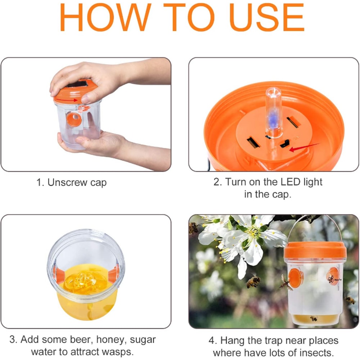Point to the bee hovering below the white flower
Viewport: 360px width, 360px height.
[253, 281]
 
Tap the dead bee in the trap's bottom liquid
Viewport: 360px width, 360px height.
[314, 318]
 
